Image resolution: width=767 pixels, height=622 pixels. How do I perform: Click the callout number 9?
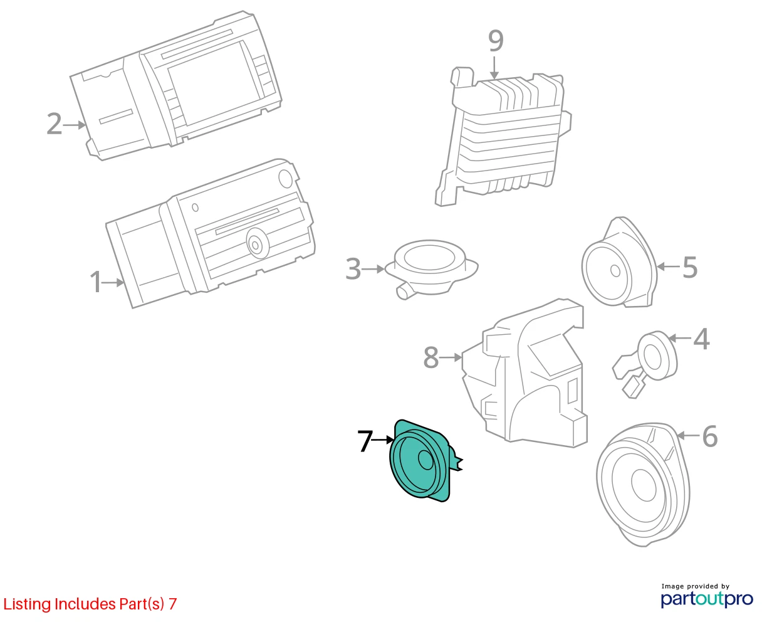495,41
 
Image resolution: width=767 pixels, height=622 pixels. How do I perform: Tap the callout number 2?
55,124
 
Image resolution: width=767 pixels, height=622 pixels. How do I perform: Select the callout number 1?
96,282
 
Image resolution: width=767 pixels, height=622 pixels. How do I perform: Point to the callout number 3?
353,268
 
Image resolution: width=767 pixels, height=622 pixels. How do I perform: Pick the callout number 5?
690,267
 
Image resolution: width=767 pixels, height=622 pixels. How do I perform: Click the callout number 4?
701,339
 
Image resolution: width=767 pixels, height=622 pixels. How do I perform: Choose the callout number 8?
431,357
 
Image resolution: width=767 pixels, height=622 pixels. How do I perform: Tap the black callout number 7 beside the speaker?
365,441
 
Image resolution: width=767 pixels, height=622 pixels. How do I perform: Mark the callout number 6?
710,436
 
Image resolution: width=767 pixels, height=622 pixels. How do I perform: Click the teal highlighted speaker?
420,461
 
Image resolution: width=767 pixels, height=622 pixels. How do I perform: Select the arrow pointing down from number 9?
494,67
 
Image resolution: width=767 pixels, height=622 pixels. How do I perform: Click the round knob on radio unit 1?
258,244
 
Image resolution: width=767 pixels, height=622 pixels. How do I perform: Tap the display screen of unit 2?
214,83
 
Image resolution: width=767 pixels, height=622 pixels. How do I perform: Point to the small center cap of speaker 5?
615,271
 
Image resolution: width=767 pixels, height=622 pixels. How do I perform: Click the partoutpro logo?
706,599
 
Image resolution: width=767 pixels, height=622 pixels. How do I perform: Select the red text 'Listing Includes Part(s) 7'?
90,604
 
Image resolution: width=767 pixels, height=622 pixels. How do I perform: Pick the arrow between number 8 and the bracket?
451,357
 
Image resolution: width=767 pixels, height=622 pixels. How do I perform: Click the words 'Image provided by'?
696,586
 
